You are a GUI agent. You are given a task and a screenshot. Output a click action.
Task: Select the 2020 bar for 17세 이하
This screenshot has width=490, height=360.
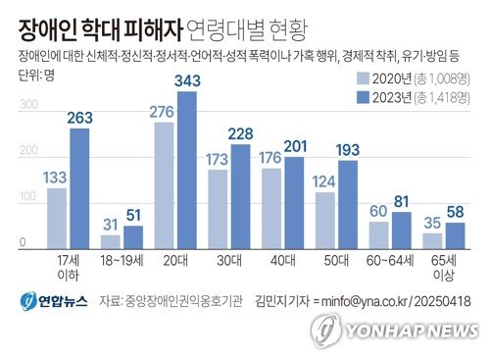(x=57, y=216)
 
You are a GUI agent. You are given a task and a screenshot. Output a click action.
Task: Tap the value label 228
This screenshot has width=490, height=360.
(x=239, y=134)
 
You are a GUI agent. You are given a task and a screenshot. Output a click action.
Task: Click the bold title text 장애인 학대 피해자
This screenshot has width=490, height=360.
(x=93, y=21)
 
